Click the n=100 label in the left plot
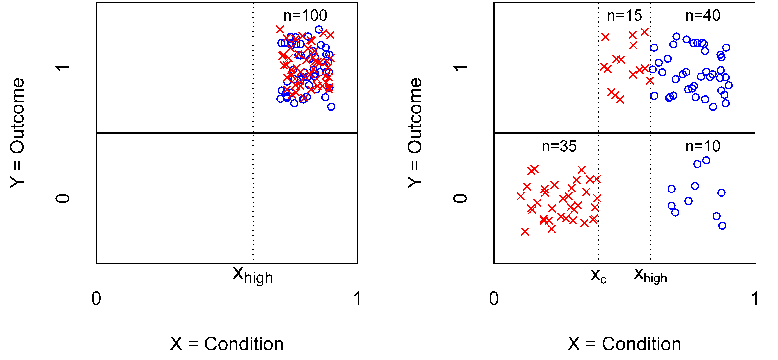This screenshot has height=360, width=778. [x=305, y=16]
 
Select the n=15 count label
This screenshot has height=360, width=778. [x=624, y=16]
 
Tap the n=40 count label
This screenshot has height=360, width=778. [x=703, y=16]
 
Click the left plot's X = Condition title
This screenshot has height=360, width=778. [x=226, y=344]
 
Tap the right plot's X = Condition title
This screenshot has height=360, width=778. [x=624, y=344]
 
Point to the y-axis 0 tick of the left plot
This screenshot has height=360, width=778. [x=63, y=198]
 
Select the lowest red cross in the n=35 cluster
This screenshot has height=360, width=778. [x=525, y=232]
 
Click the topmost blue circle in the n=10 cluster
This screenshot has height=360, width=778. [x=706, y=160]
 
